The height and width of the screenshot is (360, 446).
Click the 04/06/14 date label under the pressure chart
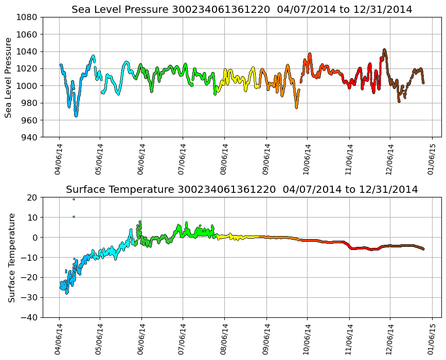[59, 155]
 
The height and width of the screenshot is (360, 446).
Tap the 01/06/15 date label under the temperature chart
[432, 336]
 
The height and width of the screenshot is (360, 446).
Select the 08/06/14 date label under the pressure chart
[224, 155]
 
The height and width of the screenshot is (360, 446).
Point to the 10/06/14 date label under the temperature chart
[308, 336]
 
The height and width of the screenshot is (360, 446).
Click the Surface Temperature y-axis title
[11, 258]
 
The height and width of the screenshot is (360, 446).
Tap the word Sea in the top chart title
[80, 10]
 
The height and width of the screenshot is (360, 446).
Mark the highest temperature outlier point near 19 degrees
[74, 199]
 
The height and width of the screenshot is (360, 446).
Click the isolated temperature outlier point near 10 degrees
[74, 217]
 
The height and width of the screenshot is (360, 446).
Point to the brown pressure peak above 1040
[384, 50]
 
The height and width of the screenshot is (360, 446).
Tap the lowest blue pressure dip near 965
[76, 115]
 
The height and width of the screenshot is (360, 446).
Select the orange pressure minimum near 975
[296, 107]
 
